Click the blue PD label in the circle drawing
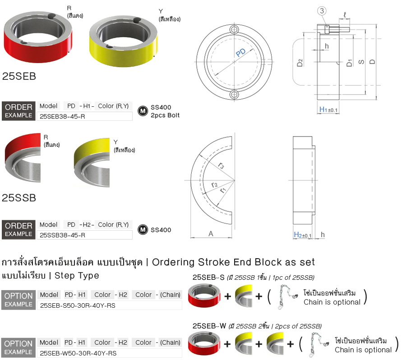[241, 53]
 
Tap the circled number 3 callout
[322, 11]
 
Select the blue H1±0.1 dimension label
[328, 109]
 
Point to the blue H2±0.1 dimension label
[302, 235]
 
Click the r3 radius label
[221, 165]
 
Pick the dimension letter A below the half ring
[211, 234]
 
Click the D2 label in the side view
[300, 63]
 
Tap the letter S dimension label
[361, 62]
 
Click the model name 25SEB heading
[19, 76]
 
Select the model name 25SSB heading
[19, 198]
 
